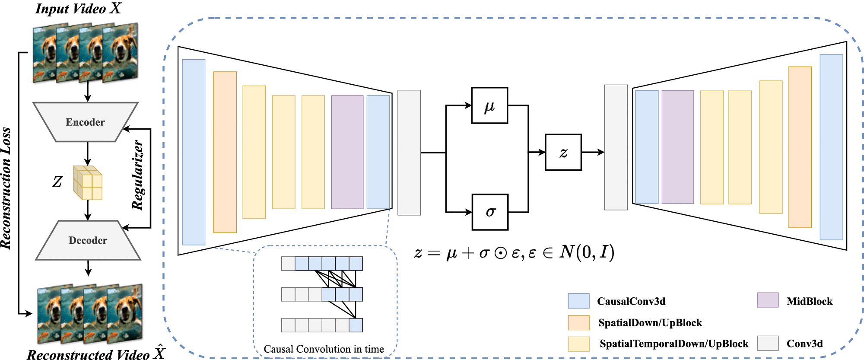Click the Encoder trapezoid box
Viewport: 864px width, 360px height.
point(86,122)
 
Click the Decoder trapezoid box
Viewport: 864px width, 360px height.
point(88,240)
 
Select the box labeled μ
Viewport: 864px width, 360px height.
point(489,105)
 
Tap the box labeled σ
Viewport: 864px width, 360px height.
point(490,212)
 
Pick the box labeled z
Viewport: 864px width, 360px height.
point(563,152)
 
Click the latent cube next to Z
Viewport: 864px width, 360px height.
point(88,182)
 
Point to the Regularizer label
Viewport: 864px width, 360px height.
point(137,175)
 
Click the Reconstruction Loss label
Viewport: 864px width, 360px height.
point(6,188)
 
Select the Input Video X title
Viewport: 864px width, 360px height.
point(78,9)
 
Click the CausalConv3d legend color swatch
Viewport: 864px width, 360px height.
point(578,301)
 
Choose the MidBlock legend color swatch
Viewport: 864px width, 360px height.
point(768,300)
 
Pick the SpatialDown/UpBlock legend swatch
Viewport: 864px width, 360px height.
point(578,322)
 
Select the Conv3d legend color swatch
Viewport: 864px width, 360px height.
point(768,343)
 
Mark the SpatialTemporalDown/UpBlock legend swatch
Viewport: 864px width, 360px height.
point(578,344)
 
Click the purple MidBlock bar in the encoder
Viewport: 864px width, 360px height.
point(347,152)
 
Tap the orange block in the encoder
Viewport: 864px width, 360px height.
point(225,152)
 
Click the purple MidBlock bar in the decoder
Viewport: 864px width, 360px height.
point(677,147)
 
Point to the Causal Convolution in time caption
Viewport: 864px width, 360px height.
point(324,349)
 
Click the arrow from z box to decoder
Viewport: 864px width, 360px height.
point(593,152)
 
